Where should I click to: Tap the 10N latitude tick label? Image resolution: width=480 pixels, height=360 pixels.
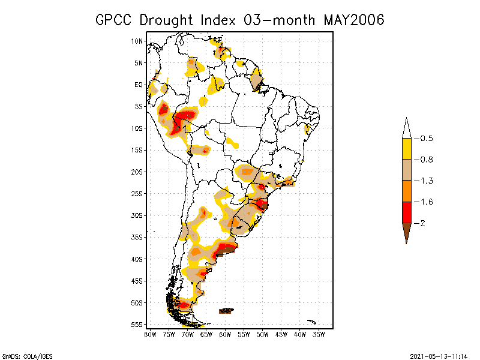click(137, 41)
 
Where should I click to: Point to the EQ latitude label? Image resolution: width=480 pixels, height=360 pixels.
click(139, 85)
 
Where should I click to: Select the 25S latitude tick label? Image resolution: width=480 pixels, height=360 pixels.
click(137, 193)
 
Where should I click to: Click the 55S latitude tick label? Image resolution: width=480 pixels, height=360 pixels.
click(137, 324)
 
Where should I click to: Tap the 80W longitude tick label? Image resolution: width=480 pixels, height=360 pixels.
click(150, 334)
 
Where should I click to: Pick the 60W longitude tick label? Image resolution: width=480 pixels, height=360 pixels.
click(225, 334)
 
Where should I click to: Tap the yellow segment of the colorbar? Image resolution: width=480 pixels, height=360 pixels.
click(406, 149)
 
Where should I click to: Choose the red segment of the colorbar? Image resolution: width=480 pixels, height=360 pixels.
click(406, 212)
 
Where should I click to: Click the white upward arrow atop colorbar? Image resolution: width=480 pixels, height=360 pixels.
click(406, 128)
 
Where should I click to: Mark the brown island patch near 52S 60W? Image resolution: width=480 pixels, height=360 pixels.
click(226, 310)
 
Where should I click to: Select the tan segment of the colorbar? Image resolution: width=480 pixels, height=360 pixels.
click(406, 170)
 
